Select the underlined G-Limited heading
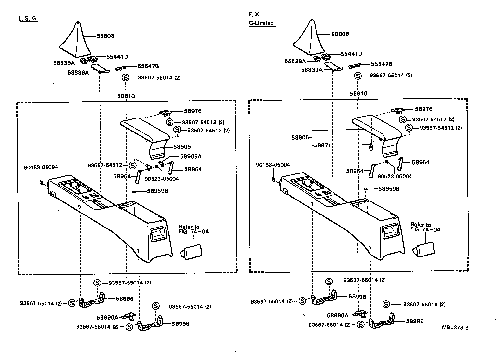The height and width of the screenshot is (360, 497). coord(261,23)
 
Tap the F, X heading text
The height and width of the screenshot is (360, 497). coord(254,14)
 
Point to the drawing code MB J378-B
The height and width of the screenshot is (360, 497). coord(455,327)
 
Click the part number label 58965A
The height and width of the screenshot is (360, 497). coord(191,156)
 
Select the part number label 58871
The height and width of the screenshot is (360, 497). coord(322,145)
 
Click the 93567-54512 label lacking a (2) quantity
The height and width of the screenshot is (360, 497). coord(104,165)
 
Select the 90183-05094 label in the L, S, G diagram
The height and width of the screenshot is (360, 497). coord(41,167)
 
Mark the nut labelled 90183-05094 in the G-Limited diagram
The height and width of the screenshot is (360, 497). coord(274,179)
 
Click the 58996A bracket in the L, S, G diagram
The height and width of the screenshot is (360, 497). coord(129,316)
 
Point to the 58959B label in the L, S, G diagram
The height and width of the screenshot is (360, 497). coord(157,191)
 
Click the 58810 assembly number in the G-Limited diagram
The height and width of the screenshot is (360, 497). coord(358,94)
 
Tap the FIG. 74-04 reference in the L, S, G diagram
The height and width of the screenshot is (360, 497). coord(194,232)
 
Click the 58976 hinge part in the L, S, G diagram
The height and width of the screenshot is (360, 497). coord(165,113)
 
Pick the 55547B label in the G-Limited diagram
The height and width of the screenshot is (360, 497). coord(382,64)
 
